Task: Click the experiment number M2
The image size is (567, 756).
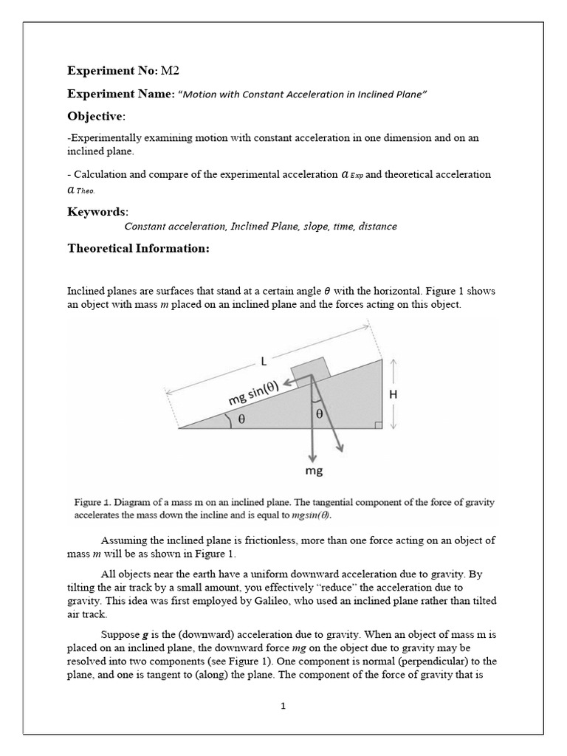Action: click(x=170, y=72)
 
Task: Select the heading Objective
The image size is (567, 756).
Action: click(x=96, y=117)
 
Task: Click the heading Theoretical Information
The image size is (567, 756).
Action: click(x=138, y=249)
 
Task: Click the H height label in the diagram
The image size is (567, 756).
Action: click(x=394, y=394)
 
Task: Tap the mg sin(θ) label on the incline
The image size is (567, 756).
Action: click(x=258, y=391)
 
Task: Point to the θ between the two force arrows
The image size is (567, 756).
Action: click(x=319, y=415)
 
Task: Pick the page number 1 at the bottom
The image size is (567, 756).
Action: click(x=283, y=706)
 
